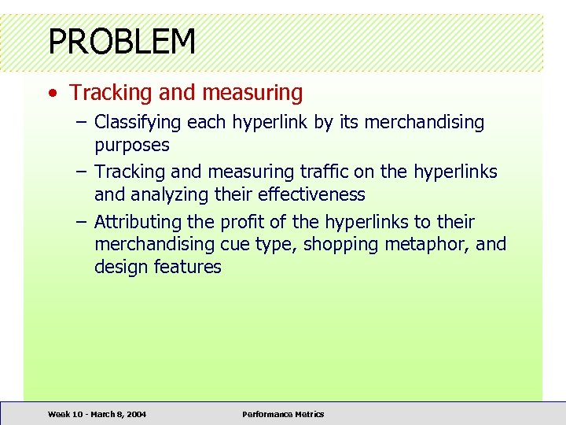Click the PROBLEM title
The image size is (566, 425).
pos(122,41)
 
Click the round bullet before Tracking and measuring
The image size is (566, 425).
pos(51,94)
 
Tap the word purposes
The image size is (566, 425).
pos(132,146)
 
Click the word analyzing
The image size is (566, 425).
pos(172,194)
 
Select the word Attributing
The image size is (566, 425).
pos(138,222)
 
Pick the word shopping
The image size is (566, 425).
pos(342,245)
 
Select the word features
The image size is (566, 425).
pos(188,268)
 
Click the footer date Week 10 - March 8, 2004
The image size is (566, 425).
pos(97,414)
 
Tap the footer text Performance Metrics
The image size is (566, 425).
pos(283,414)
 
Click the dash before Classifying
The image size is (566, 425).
pos(82,123)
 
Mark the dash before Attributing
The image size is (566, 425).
pos(82,222)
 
